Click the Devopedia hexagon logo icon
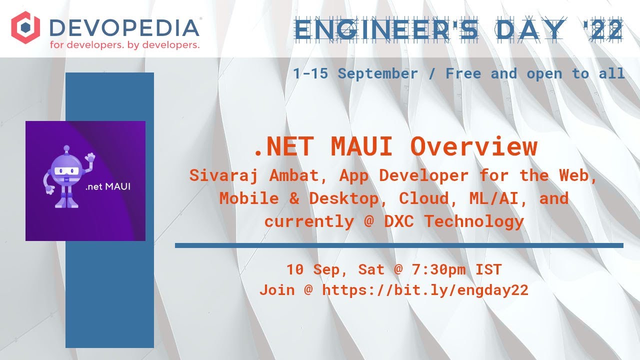pyautogui.click(x=25, y=28)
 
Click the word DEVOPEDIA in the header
pyautogui.click(x=124, y=27)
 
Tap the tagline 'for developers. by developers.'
pyautogui.click(x=124, y=45)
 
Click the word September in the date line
pyautogui.click(x=377, y=73)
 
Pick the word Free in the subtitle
pyautogui.click(x=463, y=73)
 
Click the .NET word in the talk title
pyautogui.click(x=283, y=147)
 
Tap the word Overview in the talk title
pyautogui.click(x=473, y=147)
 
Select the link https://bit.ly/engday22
pyautogui.click(x=425, y=290)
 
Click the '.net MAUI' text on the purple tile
pyautogui.click(x=108, y=187)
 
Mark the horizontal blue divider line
pyautogui.click(x=399, y=245)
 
